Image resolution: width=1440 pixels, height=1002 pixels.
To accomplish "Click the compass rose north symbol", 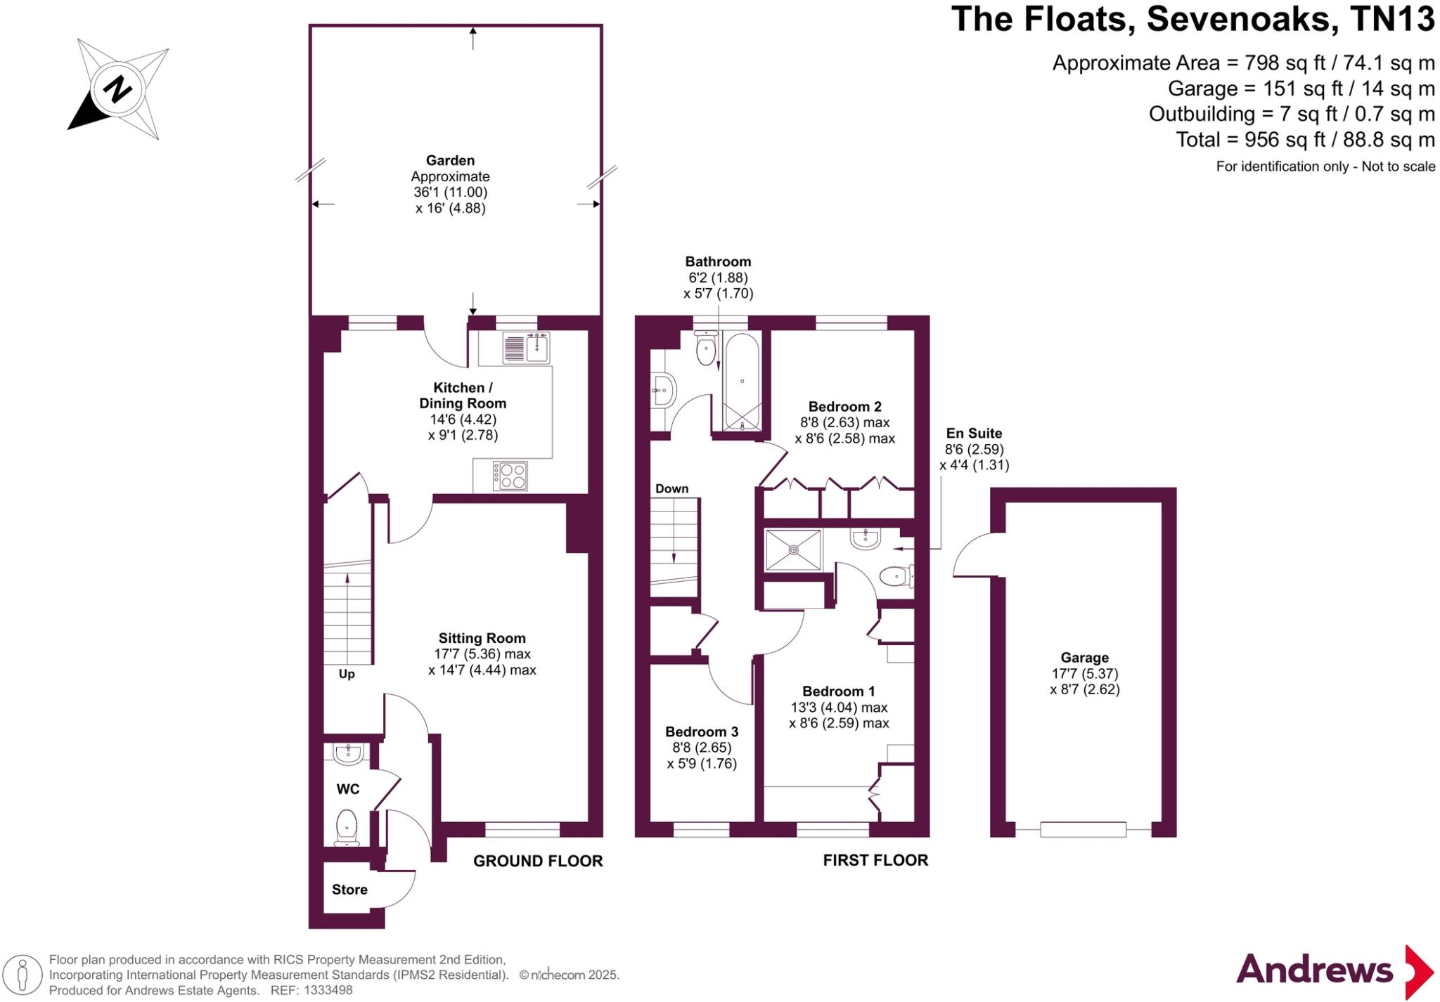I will pos(117,89).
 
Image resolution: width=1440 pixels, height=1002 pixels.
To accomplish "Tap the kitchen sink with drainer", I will pos(526,347).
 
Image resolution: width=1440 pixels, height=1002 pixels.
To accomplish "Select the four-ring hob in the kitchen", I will pos(510,475).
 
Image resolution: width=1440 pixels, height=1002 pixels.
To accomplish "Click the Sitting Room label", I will pos(482,638).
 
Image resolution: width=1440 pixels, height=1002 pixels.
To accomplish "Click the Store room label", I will pos(349,890).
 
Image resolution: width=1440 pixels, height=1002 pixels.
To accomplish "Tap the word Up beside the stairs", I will pos(347,674).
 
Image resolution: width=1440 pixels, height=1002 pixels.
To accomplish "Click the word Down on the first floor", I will pos(671,488).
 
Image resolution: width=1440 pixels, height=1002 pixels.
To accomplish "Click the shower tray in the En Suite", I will pos(793,549).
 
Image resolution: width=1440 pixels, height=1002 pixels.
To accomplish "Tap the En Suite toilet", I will pos(896,577).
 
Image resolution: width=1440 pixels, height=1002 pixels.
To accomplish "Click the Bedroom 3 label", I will pos(701,731).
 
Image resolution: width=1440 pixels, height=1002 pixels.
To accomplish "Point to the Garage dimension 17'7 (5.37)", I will pos(1084,673).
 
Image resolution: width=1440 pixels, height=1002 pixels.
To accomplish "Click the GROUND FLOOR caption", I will pos(537,861).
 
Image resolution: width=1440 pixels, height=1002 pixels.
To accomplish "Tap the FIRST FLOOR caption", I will pos(875,860).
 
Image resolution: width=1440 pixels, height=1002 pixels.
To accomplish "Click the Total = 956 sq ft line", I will pos(1305,139).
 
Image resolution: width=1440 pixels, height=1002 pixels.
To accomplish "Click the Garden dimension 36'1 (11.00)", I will pos(450,192).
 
